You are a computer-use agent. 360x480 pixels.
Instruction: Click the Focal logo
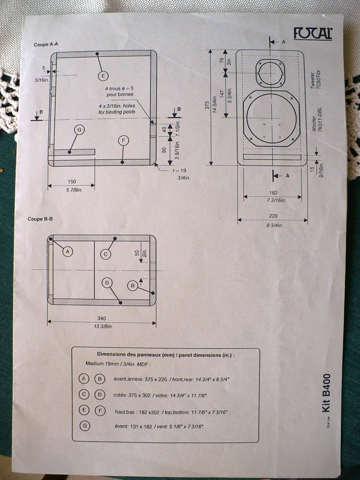[x=313, y=33]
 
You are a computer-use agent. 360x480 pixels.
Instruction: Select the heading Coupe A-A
[x=46, y=45]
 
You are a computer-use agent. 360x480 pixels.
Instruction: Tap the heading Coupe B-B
[x=39, y=219]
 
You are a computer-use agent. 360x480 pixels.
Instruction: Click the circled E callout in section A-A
[x=103, y=75]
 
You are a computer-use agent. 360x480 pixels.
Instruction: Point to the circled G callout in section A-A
[x=80, y=129]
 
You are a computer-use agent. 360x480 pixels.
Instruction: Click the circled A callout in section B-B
[x=68, y=252]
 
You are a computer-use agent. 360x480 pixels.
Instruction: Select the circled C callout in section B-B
[x=106, y=254]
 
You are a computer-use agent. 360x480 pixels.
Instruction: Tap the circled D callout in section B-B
[x=107, y=283]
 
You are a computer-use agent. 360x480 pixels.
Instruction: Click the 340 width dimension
[x=101, y=318]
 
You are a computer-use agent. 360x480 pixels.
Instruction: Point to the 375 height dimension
[x=207, y=106]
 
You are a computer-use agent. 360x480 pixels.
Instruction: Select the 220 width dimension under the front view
[x=273, y=216]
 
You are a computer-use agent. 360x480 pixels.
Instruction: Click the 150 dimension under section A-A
[x=72, y=181]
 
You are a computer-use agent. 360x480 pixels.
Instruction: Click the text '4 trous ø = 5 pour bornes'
[x=119, y=91]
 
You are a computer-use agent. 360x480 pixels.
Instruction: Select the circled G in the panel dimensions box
[x=84, y=426]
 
